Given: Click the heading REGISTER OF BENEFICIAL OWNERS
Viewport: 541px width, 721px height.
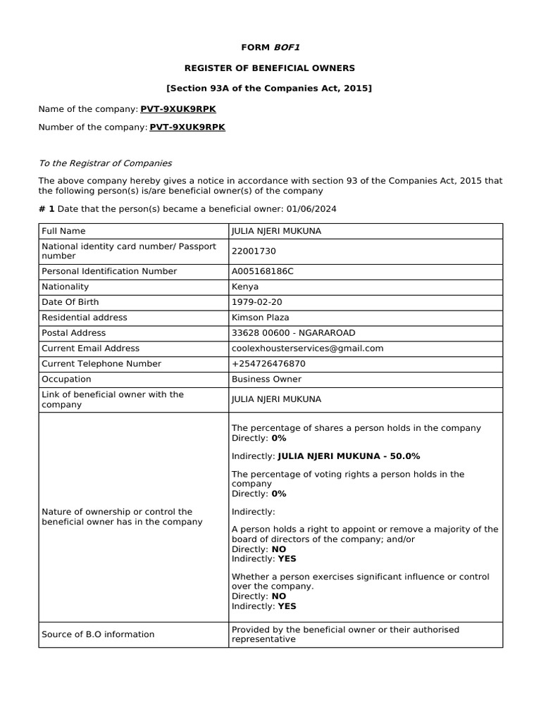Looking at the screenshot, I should coord(270,68).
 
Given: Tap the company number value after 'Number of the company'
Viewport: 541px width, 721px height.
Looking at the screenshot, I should coord(187,127).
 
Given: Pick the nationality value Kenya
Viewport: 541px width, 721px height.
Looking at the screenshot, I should coord(245,287).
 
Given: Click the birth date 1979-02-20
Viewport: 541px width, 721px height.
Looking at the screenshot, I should coord(256,302).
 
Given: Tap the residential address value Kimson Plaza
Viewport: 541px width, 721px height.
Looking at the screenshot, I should coord(260,318).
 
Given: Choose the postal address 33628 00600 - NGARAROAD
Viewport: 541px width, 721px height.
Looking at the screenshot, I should coord(293,333).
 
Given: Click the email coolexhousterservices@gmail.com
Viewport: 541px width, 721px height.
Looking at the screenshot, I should coord(307,349).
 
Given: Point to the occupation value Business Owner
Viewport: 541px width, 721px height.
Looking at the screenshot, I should coord(266,380).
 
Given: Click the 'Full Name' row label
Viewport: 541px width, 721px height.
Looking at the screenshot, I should coord(63,231).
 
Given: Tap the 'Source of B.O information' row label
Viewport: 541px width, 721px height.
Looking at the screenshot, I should coord(98,634).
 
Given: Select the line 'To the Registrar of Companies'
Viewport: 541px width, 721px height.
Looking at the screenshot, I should coord(105,163).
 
